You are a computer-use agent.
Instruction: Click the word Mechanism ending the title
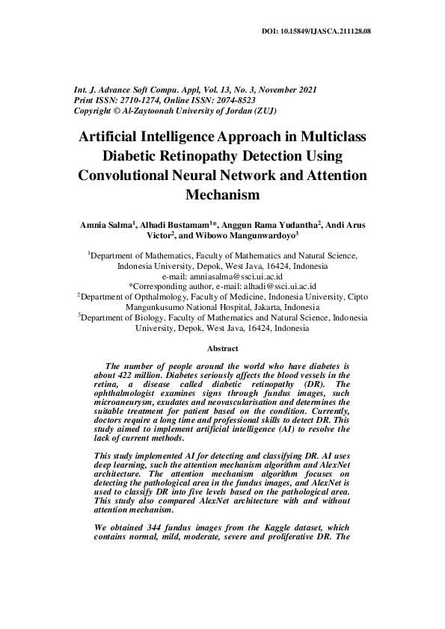pos(222,196)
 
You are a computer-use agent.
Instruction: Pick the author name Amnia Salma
pos(105,224)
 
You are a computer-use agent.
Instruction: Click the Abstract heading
pos(222,349)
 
